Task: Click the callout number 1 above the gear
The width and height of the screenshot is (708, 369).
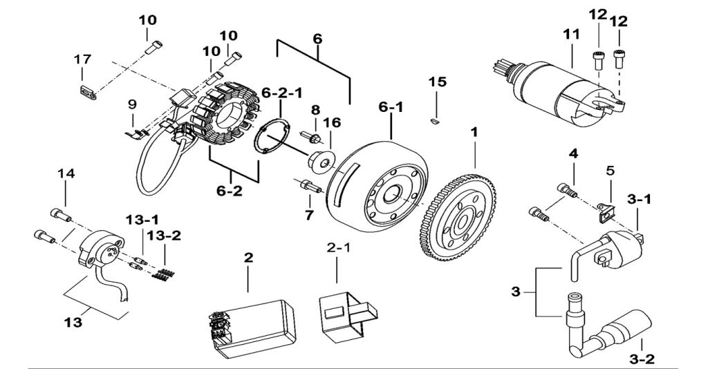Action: click(474, 131)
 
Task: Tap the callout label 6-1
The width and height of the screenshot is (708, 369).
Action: click(390, 108)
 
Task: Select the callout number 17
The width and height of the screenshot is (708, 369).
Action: click(82, 60)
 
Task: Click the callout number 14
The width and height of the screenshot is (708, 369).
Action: click(66, 176)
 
